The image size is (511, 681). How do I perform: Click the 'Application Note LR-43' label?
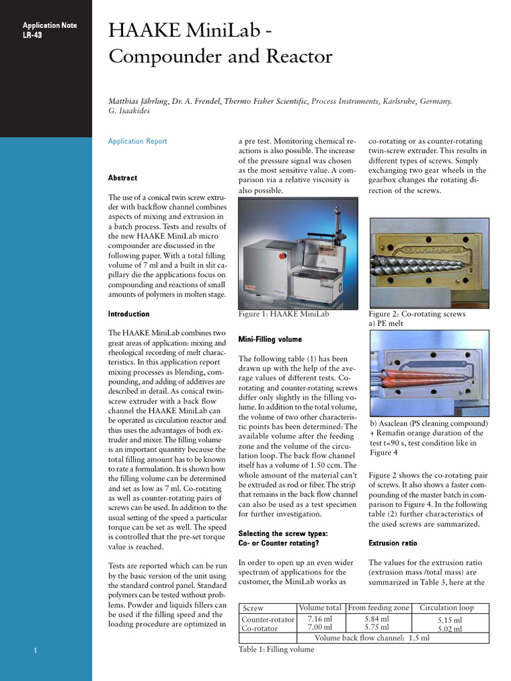tap(41, 30)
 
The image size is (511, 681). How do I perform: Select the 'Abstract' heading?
tap(122, 178)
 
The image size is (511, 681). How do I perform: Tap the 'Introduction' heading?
tap(128, 314)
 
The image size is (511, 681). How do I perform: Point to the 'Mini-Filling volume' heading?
tap(269, 339)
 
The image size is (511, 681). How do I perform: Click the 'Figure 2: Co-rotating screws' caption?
tap(417, 314)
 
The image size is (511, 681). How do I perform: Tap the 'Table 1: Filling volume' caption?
tap(276, 650)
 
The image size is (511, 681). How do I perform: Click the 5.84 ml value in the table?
tap(378, 619)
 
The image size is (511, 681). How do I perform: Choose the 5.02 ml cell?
tap(449, 629)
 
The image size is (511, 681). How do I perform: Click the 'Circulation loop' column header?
tap(446, 608)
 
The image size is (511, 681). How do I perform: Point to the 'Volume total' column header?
tap(320, 608)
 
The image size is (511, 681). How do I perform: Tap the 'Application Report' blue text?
tap(138, 142)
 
